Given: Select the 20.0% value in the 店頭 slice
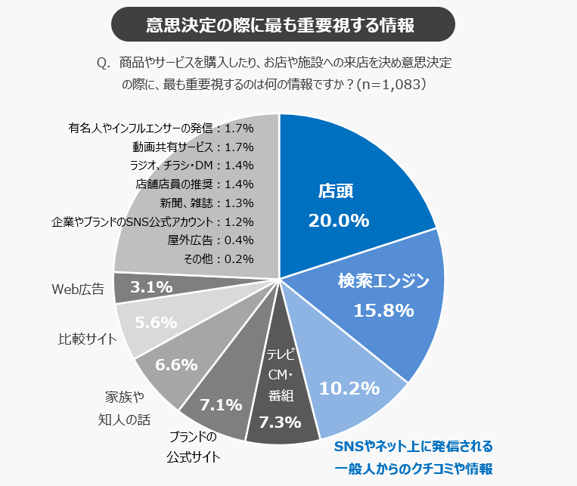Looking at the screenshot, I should (x=338, y=220).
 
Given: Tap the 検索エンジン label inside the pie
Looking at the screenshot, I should (x=383, y=282).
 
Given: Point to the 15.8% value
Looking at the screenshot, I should (x=383, y=310).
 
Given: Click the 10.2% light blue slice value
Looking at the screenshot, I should (x=349, y=388).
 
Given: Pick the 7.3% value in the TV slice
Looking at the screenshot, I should (x=281, y=422).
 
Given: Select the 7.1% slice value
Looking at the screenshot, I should (x=219, y=404).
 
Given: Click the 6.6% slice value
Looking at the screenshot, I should (x=175, y=364).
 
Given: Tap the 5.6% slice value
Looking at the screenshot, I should (x=156, y=322).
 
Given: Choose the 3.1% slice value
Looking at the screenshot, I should (x=151, y=287).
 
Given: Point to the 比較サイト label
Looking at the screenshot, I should (x=88, y=339).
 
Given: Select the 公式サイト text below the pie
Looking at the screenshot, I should (x=194, y=457).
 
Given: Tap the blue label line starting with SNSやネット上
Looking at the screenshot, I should (x=413, y=445).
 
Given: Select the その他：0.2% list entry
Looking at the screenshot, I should (x=218, y=258).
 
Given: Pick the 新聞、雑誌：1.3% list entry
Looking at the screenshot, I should (x=206, y=203).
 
